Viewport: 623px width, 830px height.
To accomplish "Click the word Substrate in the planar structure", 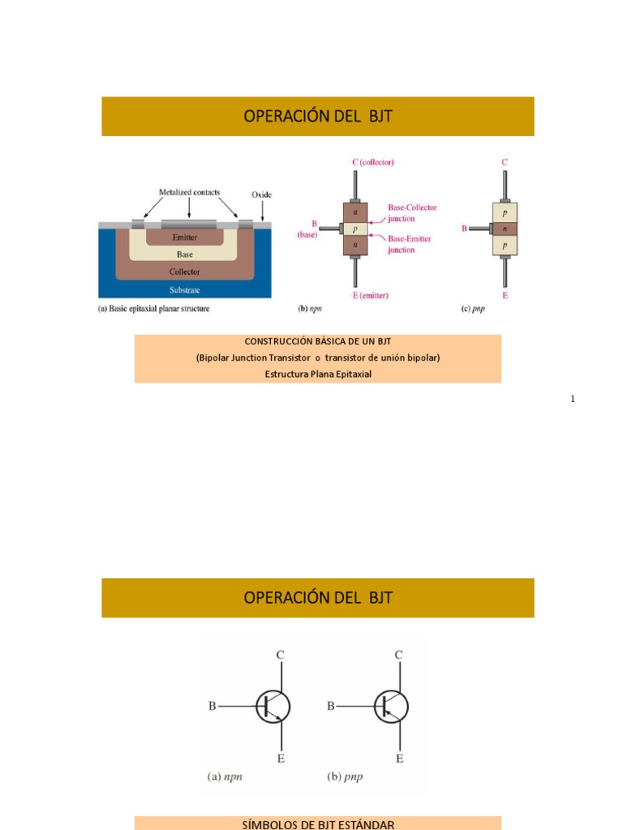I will (185, 289).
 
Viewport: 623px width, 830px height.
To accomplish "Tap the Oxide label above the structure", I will (261, 195).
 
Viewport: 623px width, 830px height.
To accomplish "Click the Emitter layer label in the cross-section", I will (185, 237).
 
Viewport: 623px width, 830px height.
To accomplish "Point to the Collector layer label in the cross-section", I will (185, 272).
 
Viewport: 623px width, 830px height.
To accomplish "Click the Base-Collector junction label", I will (412, 212).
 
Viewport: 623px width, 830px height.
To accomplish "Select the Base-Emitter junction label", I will (409, 244).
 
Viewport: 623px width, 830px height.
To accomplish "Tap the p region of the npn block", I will (355, 229).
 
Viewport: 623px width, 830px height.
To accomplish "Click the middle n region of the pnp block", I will (505, 229).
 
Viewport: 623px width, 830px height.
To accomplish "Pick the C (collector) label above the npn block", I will (373, 162).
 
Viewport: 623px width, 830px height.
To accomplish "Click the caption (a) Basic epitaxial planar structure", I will (153, 309).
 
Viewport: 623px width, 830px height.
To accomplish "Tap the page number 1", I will (572, 399).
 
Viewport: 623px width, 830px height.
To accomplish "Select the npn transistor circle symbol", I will (273, 706).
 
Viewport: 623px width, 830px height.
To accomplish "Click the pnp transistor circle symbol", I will (391, 706).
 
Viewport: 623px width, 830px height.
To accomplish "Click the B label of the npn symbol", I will (213, 706).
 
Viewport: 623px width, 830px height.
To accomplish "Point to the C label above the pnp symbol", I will (398, 654).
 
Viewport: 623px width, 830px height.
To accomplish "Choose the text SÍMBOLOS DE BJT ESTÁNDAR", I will (318, 824).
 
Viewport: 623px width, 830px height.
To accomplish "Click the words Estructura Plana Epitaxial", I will (318, 374).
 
